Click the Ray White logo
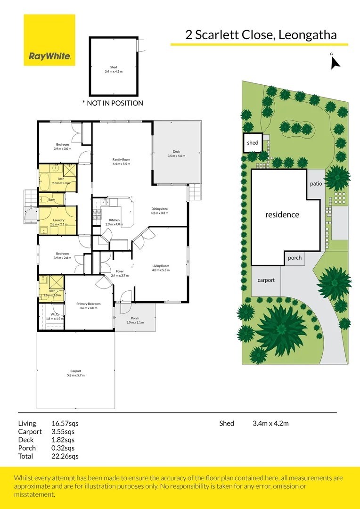point(49,40)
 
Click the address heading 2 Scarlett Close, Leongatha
point(260,34)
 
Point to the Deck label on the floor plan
point(176,154)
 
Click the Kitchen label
point(115,222)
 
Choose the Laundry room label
point(59,222)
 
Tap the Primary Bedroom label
point(89,306)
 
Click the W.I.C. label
point(54,317)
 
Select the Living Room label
point(160,268)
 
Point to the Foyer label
point(120,273)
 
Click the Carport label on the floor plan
point(76,373)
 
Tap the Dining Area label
point(159,211)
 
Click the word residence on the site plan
point(282,214)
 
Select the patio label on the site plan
point(316,183)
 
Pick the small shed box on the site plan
point(253,143)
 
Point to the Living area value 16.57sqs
point(65,423)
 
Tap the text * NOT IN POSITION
point(113,103)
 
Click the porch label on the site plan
point(295,258)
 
